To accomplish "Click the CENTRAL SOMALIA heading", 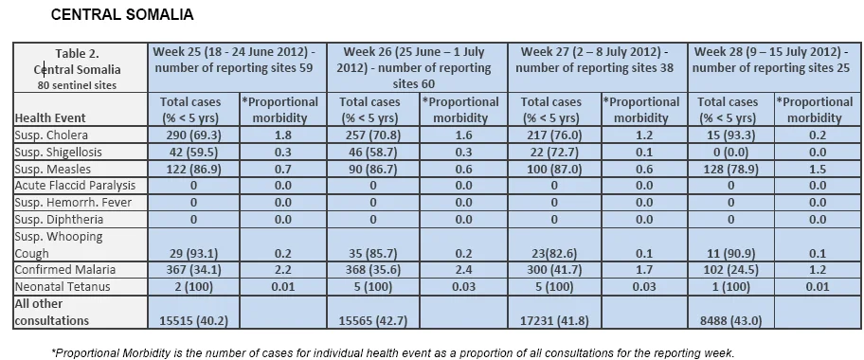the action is (x=122, y=14).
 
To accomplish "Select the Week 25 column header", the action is (x=234, y=60).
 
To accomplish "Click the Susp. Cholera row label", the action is (x=51, y=135).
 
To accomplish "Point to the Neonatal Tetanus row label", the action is (x=63, y=287).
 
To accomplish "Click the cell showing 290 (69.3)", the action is (x=193, y=135).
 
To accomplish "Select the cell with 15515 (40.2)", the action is (x=192, y=321).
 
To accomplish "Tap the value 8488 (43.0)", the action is (x=730, y=321).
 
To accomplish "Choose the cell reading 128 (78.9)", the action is (x=730, y=169).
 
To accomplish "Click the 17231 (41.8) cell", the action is (x=554, y=321).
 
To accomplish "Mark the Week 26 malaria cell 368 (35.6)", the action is (x=373, y=270).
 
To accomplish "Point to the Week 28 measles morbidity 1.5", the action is (x=814, y=169).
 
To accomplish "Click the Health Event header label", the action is (x=50, y=118).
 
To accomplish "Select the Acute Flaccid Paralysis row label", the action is (x=75, y=186).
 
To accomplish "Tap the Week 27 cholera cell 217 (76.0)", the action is (x=554, y=135).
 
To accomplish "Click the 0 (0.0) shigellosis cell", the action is (x=730, y=153).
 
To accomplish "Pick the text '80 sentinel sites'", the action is (x=77, y=85).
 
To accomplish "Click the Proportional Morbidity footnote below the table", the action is (x=393, y=352).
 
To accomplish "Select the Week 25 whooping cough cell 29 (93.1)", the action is (x=194, y=254).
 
